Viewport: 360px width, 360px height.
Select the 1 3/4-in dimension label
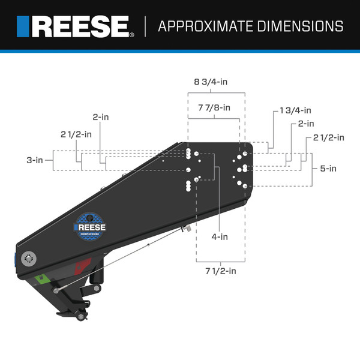pyautogui.click(x=295, y=110)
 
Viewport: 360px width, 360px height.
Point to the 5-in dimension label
pyautogui.click(x=328, y=169)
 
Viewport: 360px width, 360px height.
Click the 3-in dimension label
pyautogui.click(x=35, y=160)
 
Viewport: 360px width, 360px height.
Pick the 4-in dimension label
pyautogui.click(x=219, y=236)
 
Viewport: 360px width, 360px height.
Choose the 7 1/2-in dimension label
pyautogui.click(x=220, y=271)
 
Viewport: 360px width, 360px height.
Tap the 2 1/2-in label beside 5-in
pyautogui.click(x=328, y=137)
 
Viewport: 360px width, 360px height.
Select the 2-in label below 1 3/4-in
pyautogui.click(x=305, y=124)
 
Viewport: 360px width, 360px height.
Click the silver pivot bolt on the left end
pyautogui.click(x=29, y=259)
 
